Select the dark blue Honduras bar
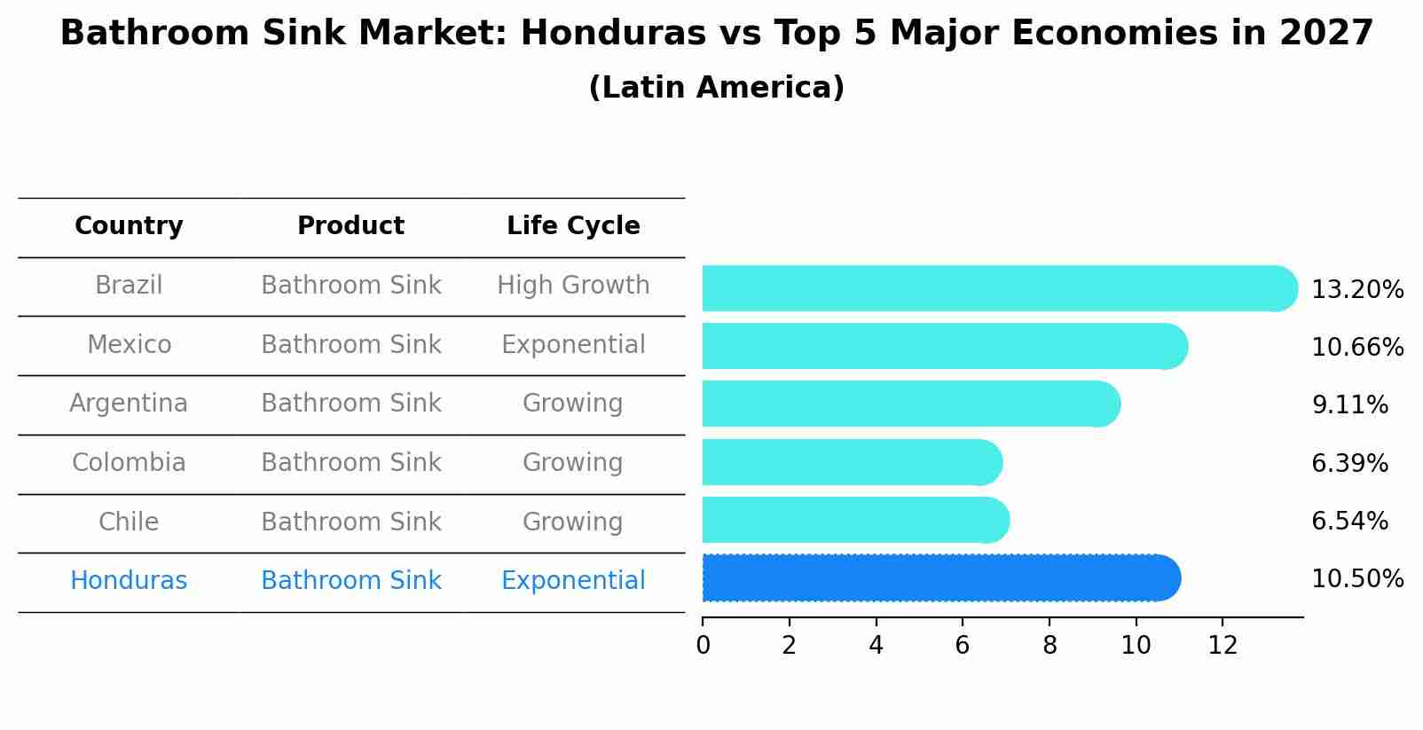tap(940, 578)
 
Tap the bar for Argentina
tap(909, 404)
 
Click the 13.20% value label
tap(1356, 290)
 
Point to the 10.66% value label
tap(1356, 348)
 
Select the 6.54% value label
tap(1349, 521)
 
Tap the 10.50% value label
tap(1356, 579)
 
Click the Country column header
tap(129, 226)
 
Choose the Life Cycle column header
tap(573, 226)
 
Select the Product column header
tap(350, 226)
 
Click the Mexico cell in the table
tap(129, 344)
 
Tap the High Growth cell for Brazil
tap(573, 286)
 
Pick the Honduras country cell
tap(129, 581)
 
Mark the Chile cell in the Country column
tap(129, 522)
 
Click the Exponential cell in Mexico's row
tap(573, 344)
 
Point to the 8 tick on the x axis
tap(1050, 646)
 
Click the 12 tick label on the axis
tap(1223, 646)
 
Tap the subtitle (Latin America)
tap(716, 88)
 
